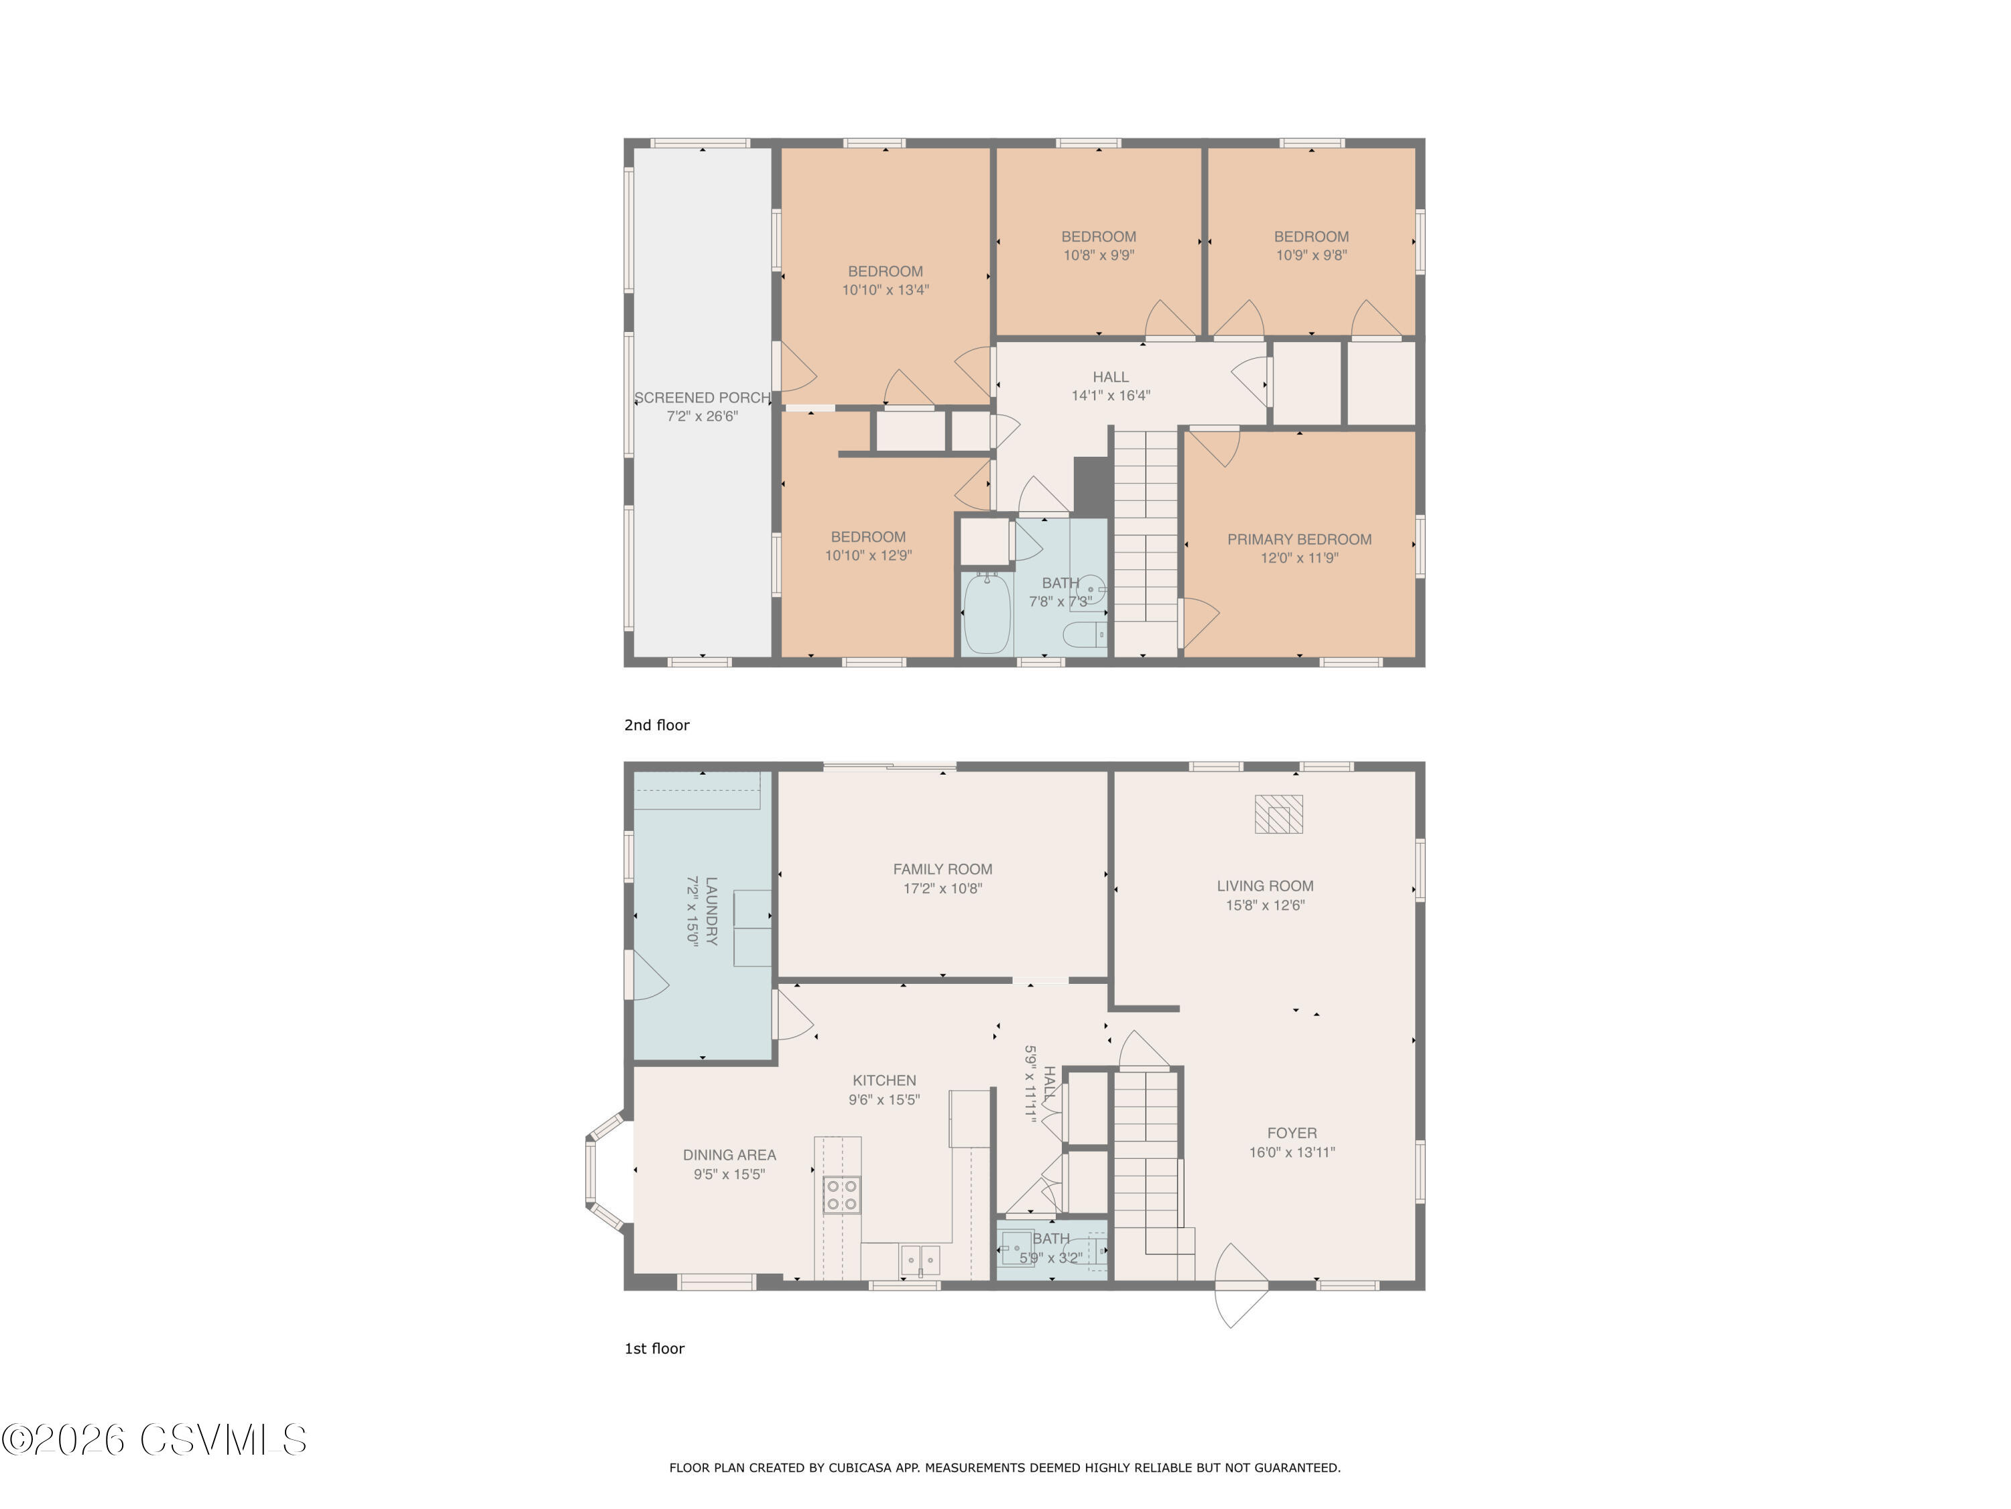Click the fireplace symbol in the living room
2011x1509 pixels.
1278,814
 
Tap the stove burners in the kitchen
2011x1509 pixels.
841,1195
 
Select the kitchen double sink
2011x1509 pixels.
920,1260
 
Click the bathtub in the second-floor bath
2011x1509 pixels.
987,614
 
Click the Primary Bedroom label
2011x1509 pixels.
1299,539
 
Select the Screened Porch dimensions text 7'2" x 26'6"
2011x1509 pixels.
702,416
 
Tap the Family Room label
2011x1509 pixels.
942,870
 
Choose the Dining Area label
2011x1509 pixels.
729,1155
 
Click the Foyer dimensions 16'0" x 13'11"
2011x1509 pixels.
1292,1152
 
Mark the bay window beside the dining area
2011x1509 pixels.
605,1170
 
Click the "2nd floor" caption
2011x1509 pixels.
656,725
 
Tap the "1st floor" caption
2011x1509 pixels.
654,1349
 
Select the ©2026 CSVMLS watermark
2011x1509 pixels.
155,1440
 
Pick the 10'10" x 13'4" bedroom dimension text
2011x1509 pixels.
886,290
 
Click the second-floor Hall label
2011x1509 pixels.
1111,376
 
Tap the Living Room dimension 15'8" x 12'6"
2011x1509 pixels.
1266,905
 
